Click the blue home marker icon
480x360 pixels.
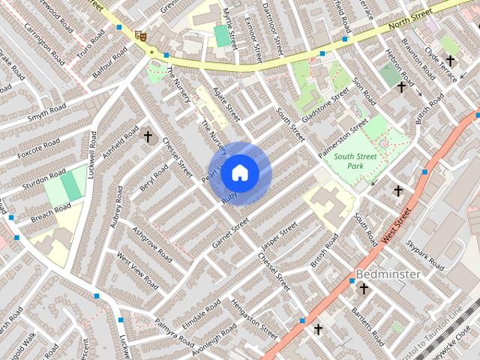click(239, 172)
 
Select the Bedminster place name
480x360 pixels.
click(388, 274)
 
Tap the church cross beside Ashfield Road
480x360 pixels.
click(148, 136)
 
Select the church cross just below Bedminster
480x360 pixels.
click(364, 289)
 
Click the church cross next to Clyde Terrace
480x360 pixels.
click(450, 60)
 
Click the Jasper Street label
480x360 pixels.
click(274, 237)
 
